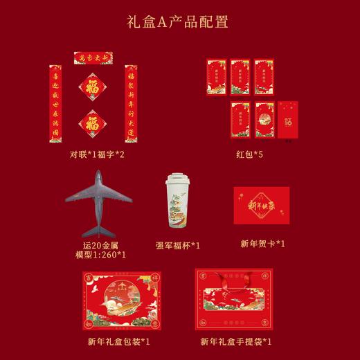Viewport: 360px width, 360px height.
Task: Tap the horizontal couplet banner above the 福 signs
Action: tap(93, 57)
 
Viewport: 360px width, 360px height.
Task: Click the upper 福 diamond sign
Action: tap(92, 88)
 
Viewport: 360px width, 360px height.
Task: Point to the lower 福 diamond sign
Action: tap(92, 123)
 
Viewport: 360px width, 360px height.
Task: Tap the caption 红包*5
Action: tap(251, 154)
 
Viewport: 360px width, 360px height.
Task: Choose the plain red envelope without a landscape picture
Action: tap(288, 119)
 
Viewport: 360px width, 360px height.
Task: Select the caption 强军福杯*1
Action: tap(178, 245)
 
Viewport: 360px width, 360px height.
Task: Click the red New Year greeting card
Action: tap(261, 205)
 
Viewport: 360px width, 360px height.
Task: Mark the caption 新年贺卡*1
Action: tap(262, 244)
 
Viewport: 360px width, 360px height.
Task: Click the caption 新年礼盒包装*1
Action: tap(119, 341)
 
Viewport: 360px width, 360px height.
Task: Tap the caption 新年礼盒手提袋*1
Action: tap(236, 341)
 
